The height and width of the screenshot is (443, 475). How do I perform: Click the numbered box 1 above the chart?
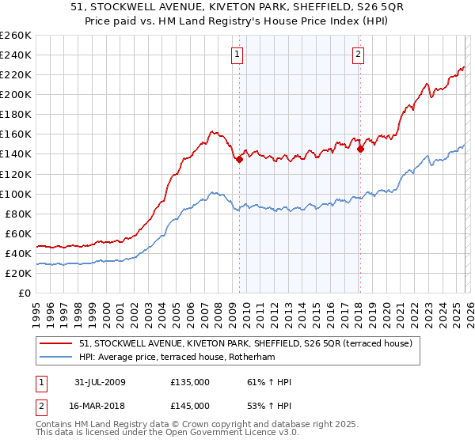pos(237,54)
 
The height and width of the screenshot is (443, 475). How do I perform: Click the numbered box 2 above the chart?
pos(359,54)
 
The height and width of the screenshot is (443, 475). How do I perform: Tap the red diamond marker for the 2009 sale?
pos(239,159)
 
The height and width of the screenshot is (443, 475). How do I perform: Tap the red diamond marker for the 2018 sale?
pos(360,148)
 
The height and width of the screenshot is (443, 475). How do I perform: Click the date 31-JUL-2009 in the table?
pos(101,382)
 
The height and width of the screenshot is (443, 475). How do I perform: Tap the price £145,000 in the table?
pos(190,406)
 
